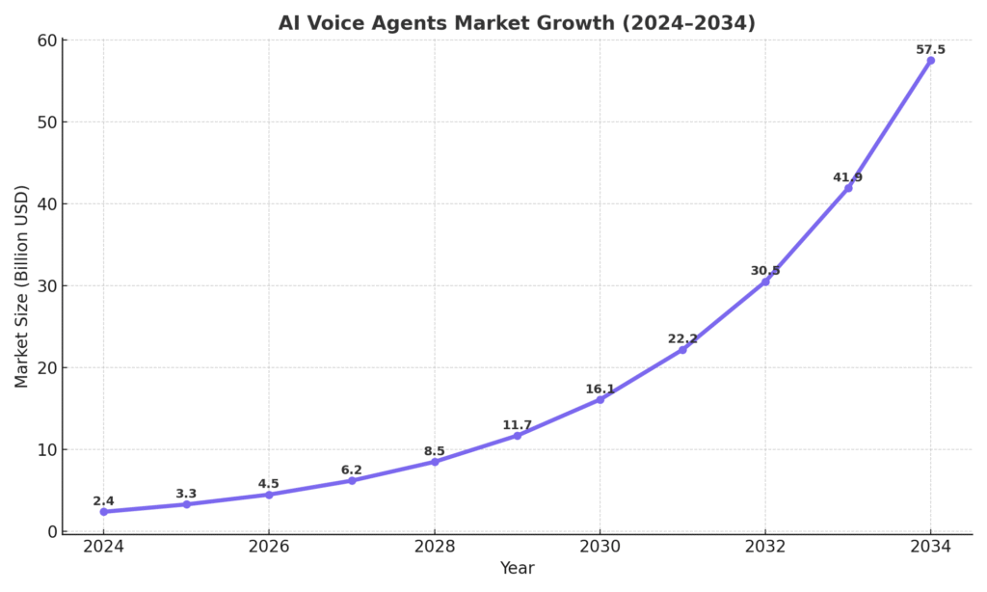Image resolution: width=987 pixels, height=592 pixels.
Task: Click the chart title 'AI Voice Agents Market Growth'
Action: click(517, 23)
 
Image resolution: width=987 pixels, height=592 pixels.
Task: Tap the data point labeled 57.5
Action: click(930, 61)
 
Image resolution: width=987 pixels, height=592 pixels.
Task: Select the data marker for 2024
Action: click(103, 512)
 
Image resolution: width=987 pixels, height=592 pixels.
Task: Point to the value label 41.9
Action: click(847, 177)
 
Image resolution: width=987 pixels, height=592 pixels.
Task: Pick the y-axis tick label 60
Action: click(44, 40)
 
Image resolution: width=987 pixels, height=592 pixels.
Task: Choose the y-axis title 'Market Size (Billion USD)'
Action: click(22, 285)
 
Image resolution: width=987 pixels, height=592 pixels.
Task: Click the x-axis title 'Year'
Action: click(517, 569)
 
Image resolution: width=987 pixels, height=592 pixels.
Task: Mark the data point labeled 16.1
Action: click(600, 399)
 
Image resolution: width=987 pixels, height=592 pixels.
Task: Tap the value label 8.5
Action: click(435, 451)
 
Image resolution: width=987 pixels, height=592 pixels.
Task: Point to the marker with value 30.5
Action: click(765, 282)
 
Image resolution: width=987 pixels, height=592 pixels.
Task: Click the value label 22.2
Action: click(682, 338)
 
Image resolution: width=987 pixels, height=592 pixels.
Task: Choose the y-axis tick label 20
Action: click(44, 368)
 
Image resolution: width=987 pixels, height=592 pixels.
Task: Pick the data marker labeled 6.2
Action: click(352, 480)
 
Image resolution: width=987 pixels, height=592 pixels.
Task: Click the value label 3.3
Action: click(186, 494)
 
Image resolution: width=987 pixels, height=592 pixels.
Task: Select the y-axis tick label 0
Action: click(50, 532)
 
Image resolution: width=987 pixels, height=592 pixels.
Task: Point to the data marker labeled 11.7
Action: click(517, 436)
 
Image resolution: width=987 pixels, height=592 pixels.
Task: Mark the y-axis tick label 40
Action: click(44, 204)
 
